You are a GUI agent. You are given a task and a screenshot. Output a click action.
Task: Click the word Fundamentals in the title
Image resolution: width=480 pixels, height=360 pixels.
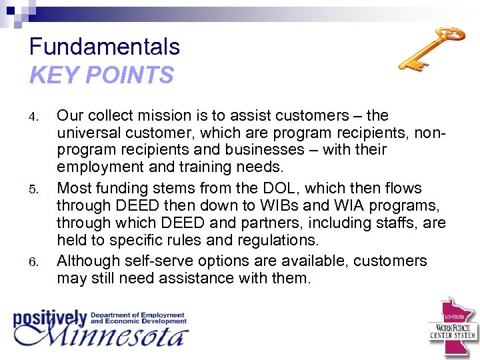click(105, 47)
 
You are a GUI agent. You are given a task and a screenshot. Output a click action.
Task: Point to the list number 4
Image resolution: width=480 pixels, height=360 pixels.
click(35, 117)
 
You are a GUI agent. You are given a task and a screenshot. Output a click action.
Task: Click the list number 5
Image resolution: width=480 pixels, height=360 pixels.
click(35, 189)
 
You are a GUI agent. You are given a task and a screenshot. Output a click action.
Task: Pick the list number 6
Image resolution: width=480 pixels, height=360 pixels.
click(35, 261)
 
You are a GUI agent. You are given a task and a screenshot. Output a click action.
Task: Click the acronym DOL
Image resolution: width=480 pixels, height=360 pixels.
click(278, 188)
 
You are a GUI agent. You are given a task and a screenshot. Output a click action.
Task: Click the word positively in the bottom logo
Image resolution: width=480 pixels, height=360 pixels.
click(51, 318)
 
